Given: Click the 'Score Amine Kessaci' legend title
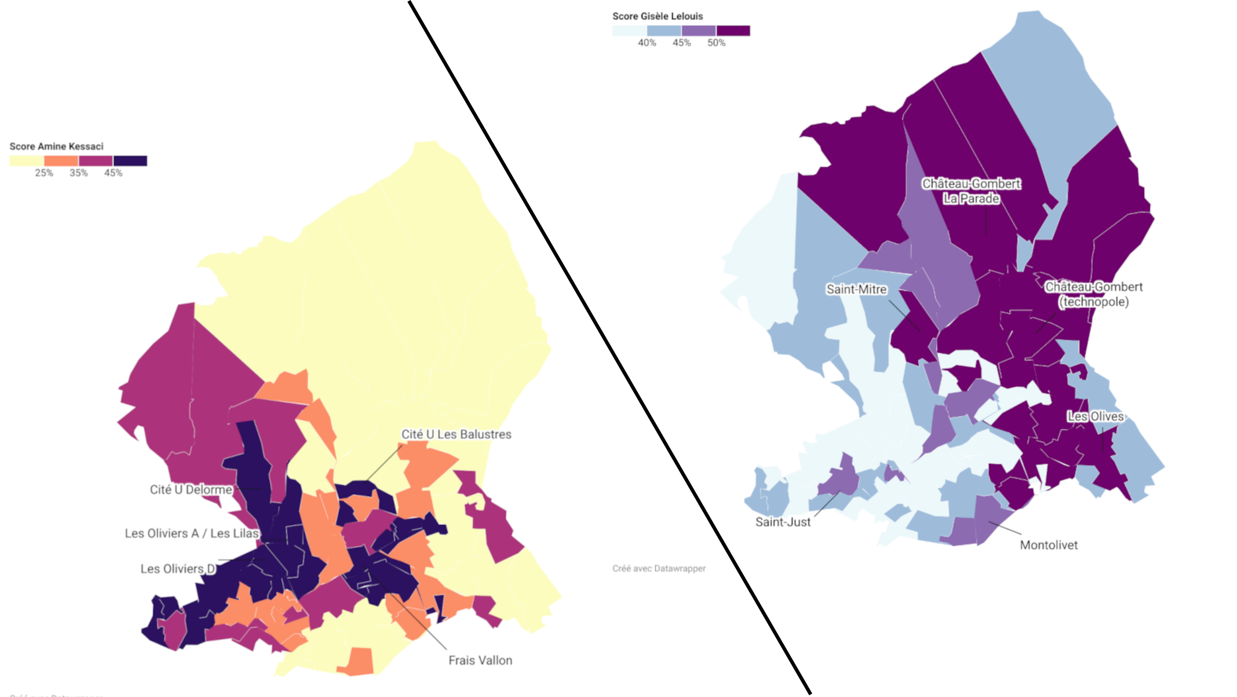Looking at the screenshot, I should pos(56,146).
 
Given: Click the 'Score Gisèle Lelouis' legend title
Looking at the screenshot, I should pos(657,16).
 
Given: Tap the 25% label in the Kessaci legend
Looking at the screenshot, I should pos(44,173).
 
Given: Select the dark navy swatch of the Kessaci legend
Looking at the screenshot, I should pos(130,161).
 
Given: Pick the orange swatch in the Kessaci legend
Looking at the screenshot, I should pos(61,161).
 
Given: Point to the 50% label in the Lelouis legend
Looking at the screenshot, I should pos(716,43).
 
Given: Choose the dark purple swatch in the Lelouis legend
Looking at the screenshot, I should pos(733,31).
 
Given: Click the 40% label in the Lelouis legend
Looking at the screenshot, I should pos(647,43).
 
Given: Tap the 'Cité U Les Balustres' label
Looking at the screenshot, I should pos(456,434).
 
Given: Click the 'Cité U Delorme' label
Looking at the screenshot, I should pos(191,490).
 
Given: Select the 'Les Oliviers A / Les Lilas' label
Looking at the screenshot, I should pos(192,533).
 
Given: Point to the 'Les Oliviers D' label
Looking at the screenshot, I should pos(178,569).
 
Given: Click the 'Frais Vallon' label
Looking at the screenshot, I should pos(480,660).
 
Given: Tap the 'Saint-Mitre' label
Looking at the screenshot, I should pos(856,289).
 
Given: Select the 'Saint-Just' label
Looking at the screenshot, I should pos(783,522).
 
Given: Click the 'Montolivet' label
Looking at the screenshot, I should pos(1049,545).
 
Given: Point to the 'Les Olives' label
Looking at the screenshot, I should pos(1095,416).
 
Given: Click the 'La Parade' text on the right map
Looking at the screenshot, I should pos(971,199).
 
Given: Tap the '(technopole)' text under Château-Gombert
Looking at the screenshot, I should pos(1093,302).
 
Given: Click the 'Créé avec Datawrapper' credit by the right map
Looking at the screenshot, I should pos(659,568).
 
